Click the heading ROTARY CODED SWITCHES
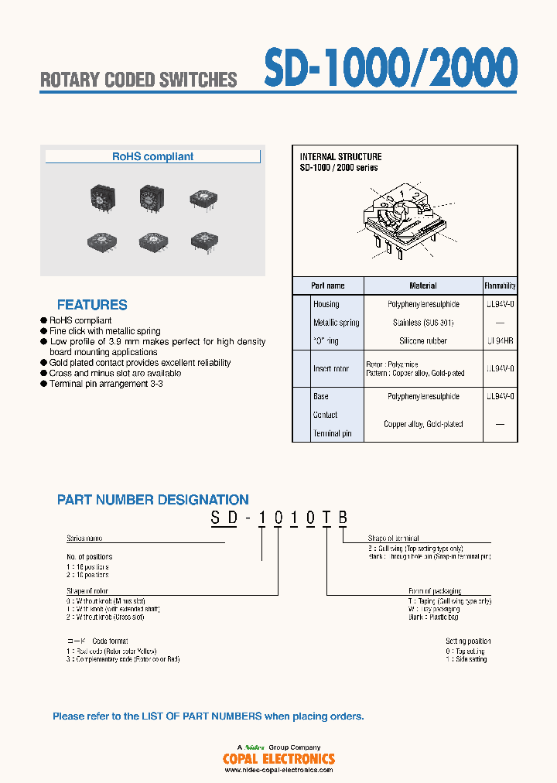[x=138, y=80]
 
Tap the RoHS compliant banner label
[x=152, y=156]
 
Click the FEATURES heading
[x=92, y=305]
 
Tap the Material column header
[x=422, y=286]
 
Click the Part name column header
[x=328, y=286]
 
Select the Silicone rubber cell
[x=422, y=340]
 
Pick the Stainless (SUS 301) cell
[x=422, y=323]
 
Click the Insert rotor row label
[x=331, y=368]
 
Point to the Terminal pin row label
[x=332, y=433]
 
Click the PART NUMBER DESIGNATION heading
[x=153, y=500]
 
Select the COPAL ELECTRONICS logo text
[x=278, y=759]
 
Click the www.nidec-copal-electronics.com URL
[x=278, y=770]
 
